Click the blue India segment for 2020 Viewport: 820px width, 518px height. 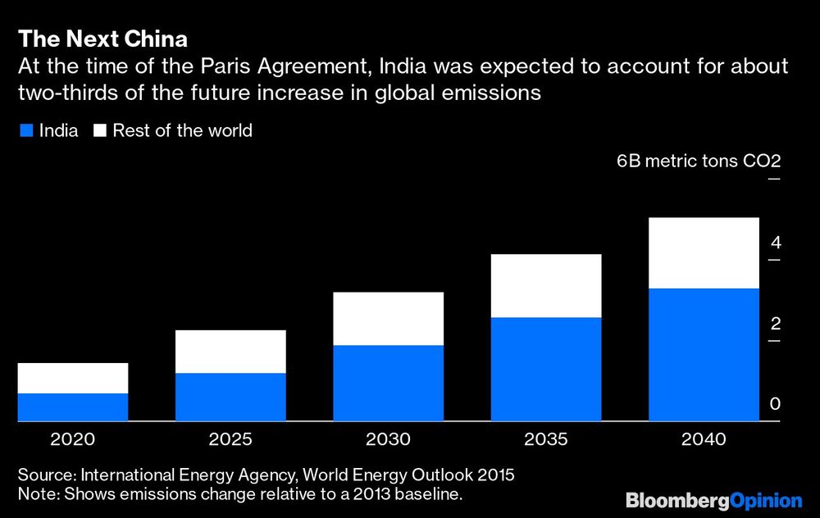[73, 407]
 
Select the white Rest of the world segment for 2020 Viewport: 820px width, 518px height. [73, 378]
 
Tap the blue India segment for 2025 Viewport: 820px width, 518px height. [230, 397]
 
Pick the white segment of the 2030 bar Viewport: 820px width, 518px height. [389, 319]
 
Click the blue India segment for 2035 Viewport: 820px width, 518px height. [546, 369]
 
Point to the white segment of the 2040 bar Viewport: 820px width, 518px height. [704, 252]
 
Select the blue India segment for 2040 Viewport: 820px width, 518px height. [704, 354]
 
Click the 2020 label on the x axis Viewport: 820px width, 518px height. [73, 440]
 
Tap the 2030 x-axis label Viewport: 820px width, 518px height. [389, 440]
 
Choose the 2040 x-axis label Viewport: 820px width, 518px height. [704, 440]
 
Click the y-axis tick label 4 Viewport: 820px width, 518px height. [775, 243]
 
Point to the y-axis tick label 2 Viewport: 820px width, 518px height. [775, 324]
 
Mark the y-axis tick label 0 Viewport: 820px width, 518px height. [775, 405]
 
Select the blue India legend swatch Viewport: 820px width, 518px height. [25, 130]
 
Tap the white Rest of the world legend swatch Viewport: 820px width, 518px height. [100, 130]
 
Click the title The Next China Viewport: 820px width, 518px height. [102, 39]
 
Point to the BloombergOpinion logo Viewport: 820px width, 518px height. [713, 499]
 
